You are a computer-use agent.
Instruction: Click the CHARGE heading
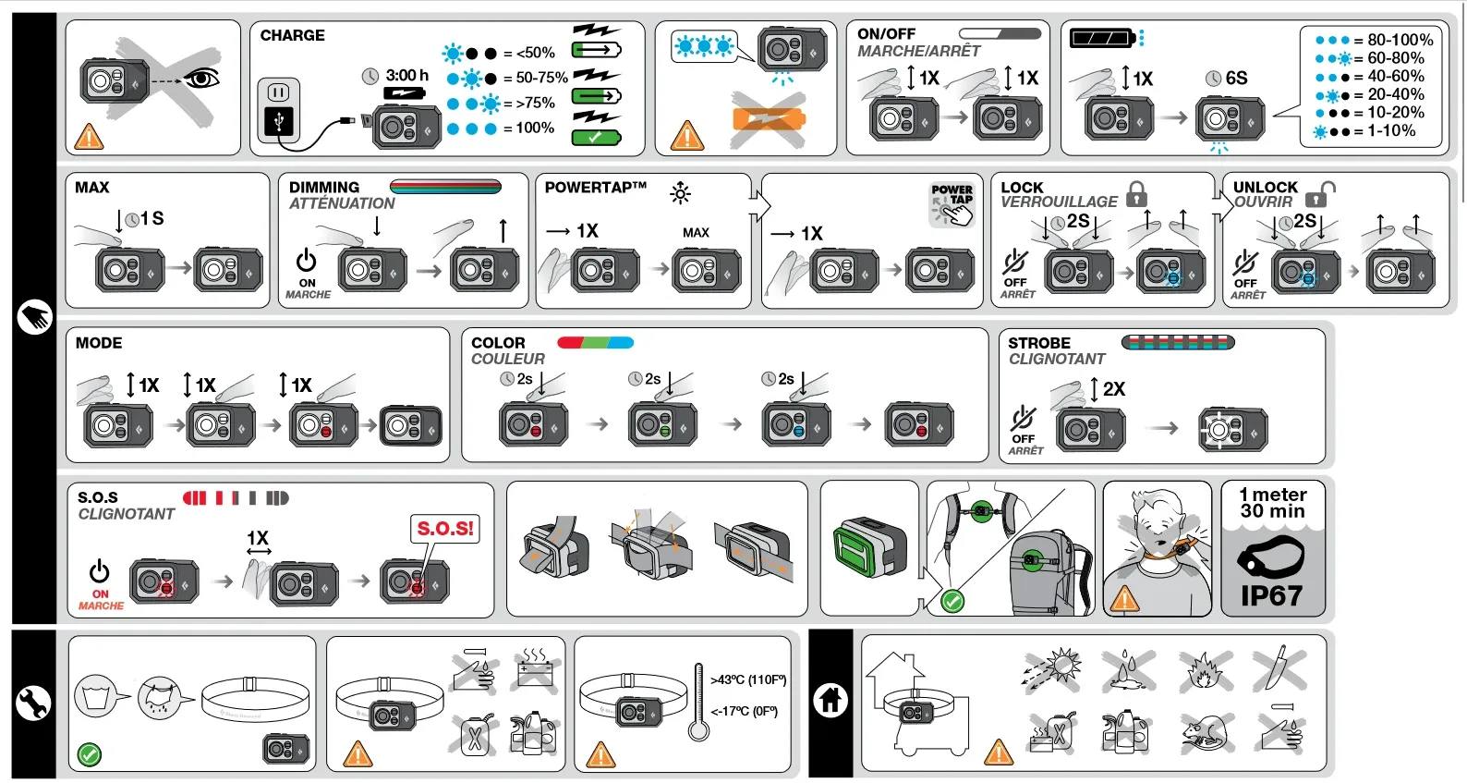coord(292,35)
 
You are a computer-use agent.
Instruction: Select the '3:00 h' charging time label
coord(406,75)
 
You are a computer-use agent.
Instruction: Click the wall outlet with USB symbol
coord(278,110)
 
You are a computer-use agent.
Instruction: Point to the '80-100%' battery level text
coord(1400,40)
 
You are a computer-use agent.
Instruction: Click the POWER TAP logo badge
coord(952,203)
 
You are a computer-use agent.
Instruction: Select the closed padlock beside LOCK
coord(1136,194)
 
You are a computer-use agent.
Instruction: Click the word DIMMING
coord(323,187)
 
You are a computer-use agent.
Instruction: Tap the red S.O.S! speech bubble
coord(445,529)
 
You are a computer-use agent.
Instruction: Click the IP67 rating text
coord(1271,596)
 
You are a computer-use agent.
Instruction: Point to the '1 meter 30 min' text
coord(1272,503)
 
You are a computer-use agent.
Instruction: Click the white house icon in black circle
coord(830,700)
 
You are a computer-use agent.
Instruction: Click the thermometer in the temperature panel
coord(698,703)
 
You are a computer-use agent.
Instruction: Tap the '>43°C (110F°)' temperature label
coord(748,679)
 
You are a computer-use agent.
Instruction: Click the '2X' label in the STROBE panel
coord(1113,389)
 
